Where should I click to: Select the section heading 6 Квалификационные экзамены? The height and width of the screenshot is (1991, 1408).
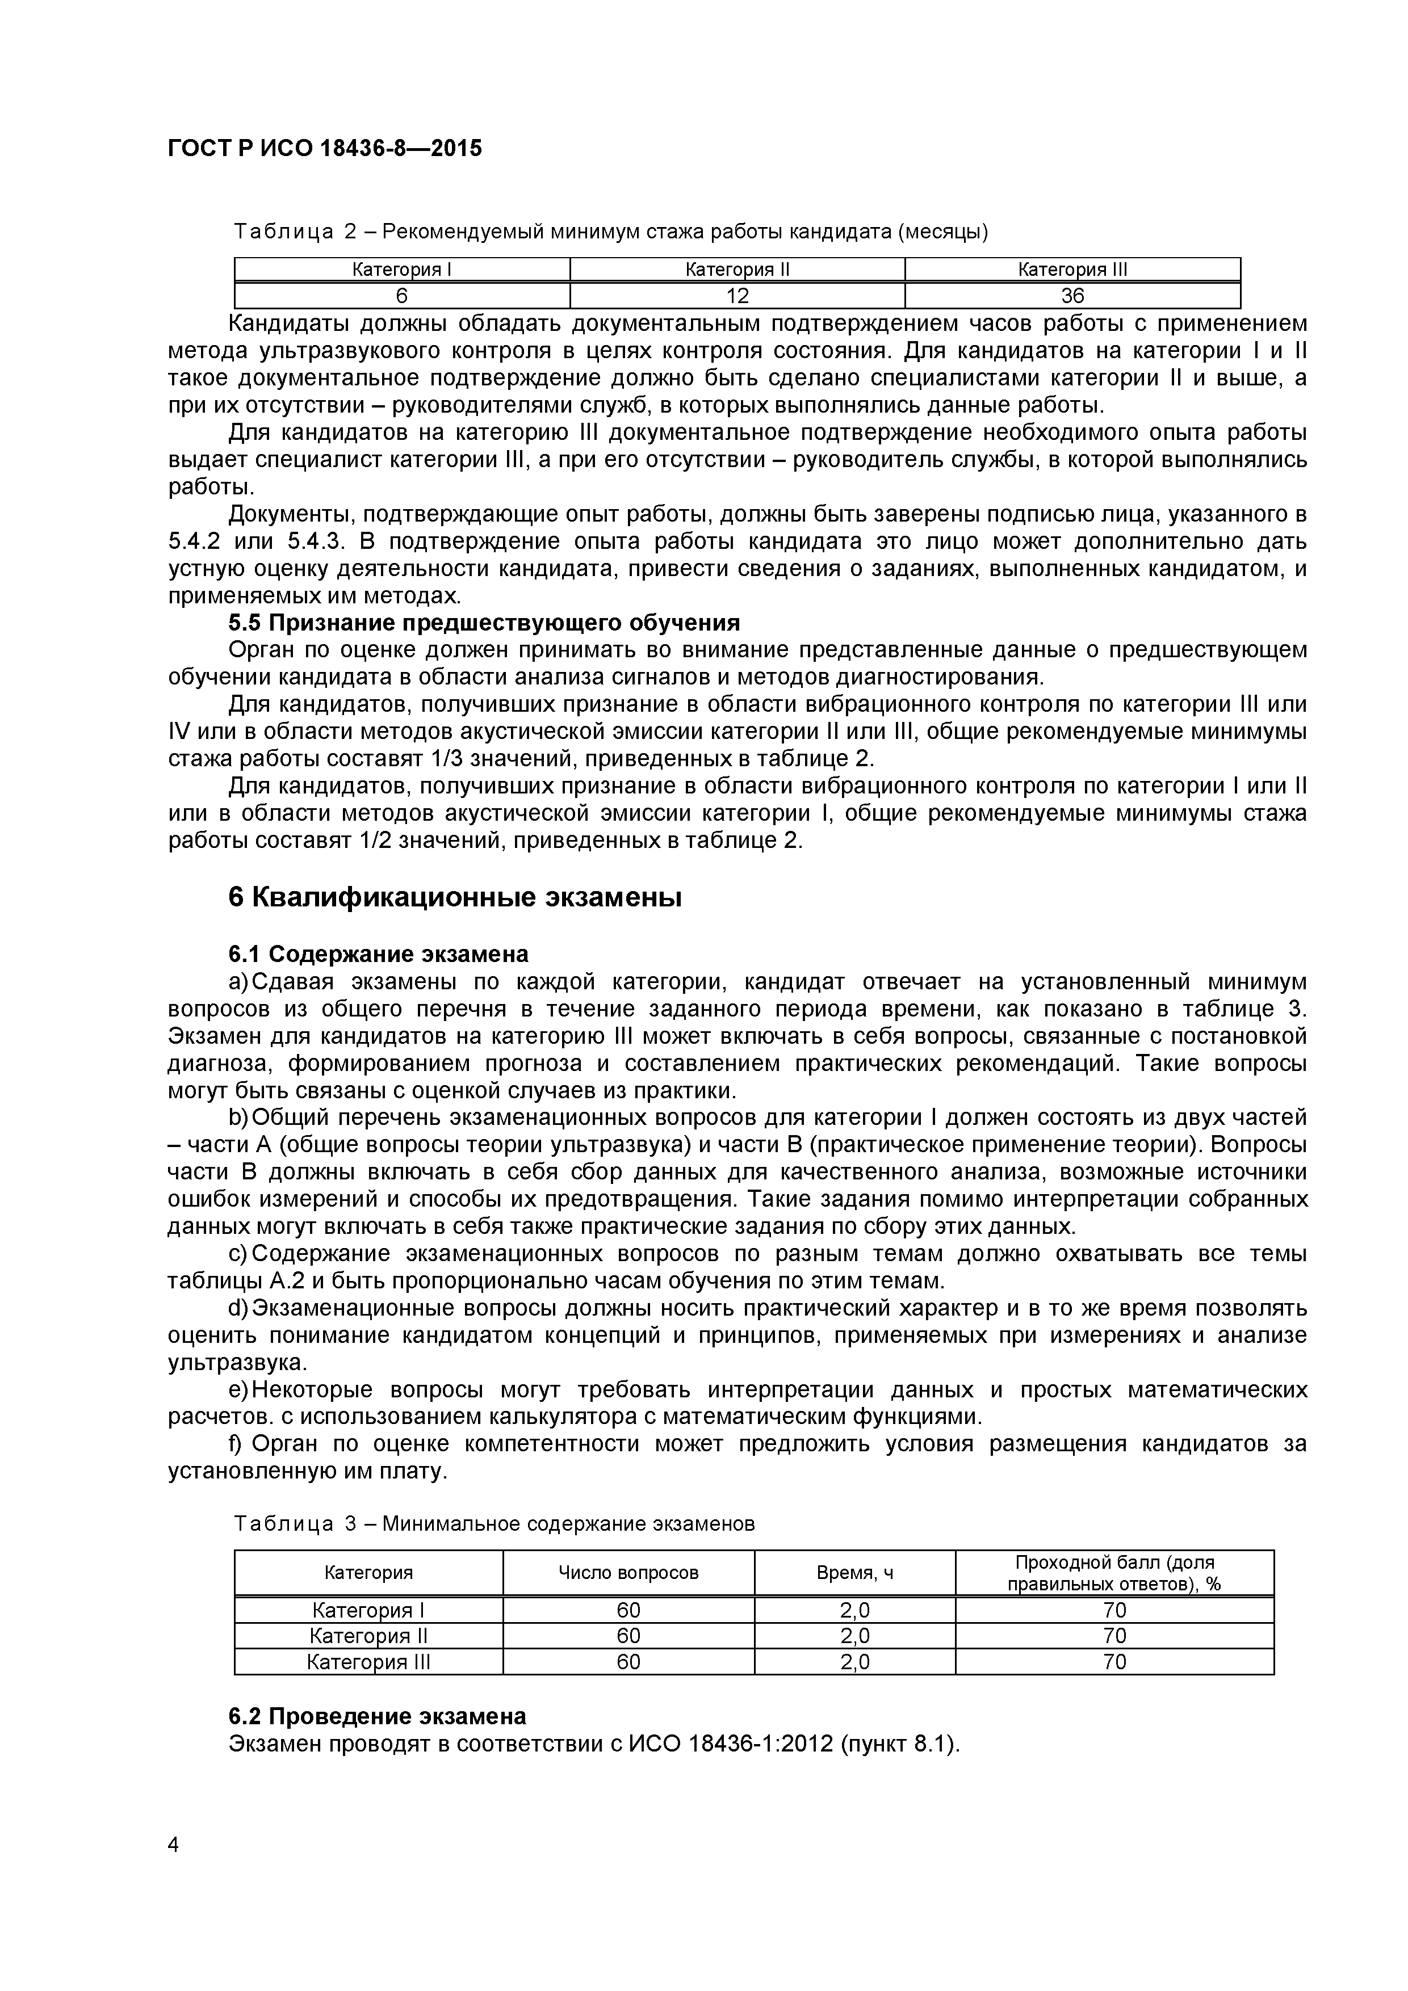[x=455, y=897]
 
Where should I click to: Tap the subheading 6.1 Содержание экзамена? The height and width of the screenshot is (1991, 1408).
[x=378, y=954]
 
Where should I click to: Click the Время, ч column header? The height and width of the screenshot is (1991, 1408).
[x=854, y=1573]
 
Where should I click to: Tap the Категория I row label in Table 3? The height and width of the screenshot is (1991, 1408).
[x=368, y=1610]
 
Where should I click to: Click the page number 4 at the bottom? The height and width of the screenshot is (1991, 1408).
[x=174, y=1870]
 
